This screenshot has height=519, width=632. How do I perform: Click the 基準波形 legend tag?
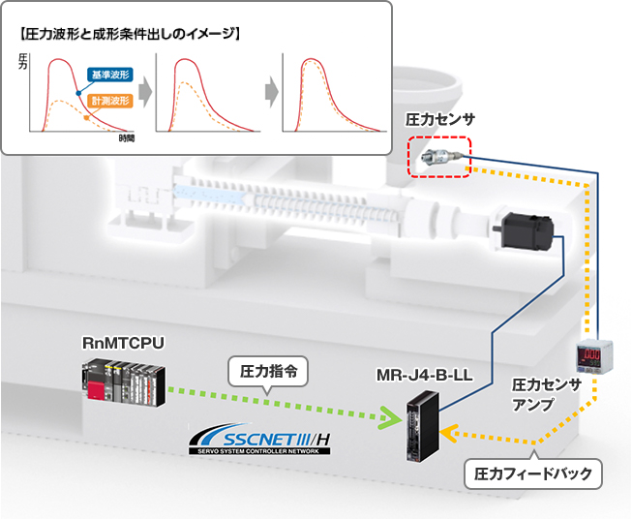108,74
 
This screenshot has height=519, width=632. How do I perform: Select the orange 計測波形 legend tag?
108,101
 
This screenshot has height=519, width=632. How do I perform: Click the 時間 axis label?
126,139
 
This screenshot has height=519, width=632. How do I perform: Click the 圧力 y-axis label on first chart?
24,64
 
